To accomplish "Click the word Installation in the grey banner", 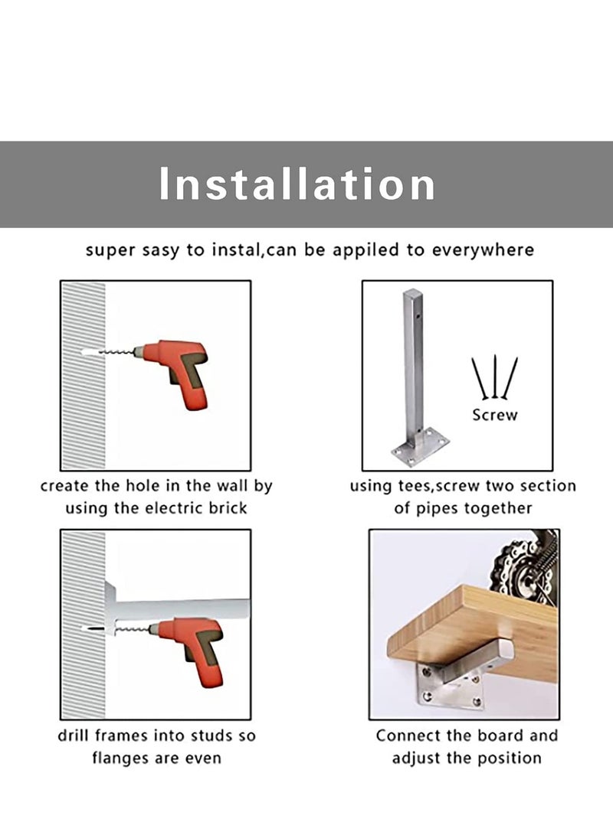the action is (x=297, y=184).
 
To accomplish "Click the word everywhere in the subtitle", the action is (x=483, y=250).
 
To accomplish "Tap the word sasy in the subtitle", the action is (x=160, y=250).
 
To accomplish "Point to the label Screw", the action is (x=495, y=415).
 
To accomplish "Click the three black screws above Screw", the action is (x=495, y=377).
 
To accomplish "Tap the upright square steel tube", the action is (x=414, y=367).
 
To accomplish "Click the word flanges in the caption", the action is (x=118, y=758).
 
